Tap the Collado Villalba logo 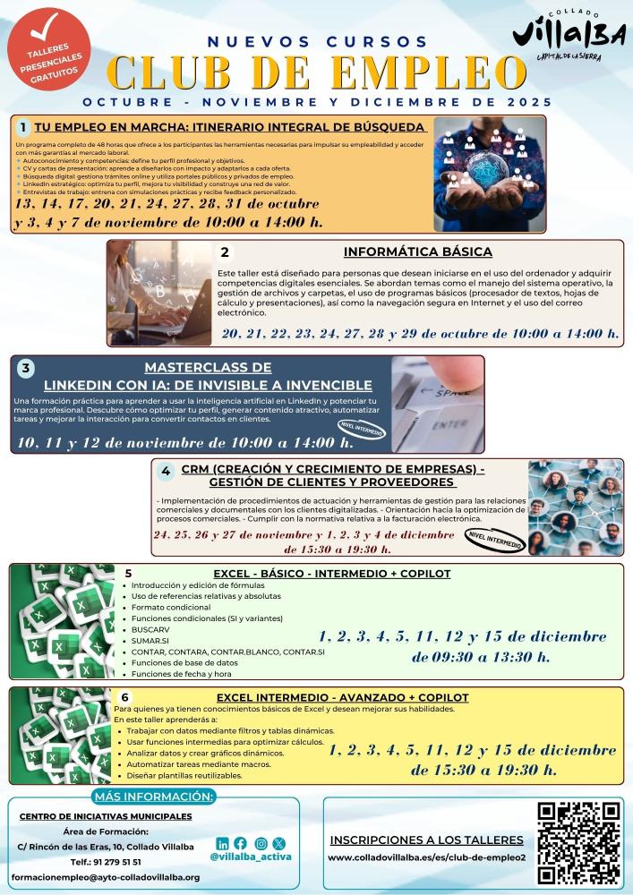pos(569,38)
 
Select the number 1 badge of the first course pos(23,127)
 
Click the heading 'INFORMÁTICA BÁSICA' pos(417,252)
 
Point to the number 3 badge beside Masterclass pos(26,368)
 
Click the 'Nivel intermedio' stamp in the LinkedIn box pos(362,430)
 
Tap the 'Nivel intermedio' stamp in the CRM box pos(491,537)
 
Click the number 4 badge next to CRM pos(166,471)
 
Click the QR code pos(578,842)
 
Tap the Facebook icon pos(241,843)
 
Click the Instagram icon pos(261,843)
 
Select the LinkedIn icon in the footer pos(222,843)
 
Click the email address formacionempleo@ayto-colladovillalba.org pos(106,878)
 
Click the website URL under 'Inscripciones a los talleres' pos(426,857)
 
